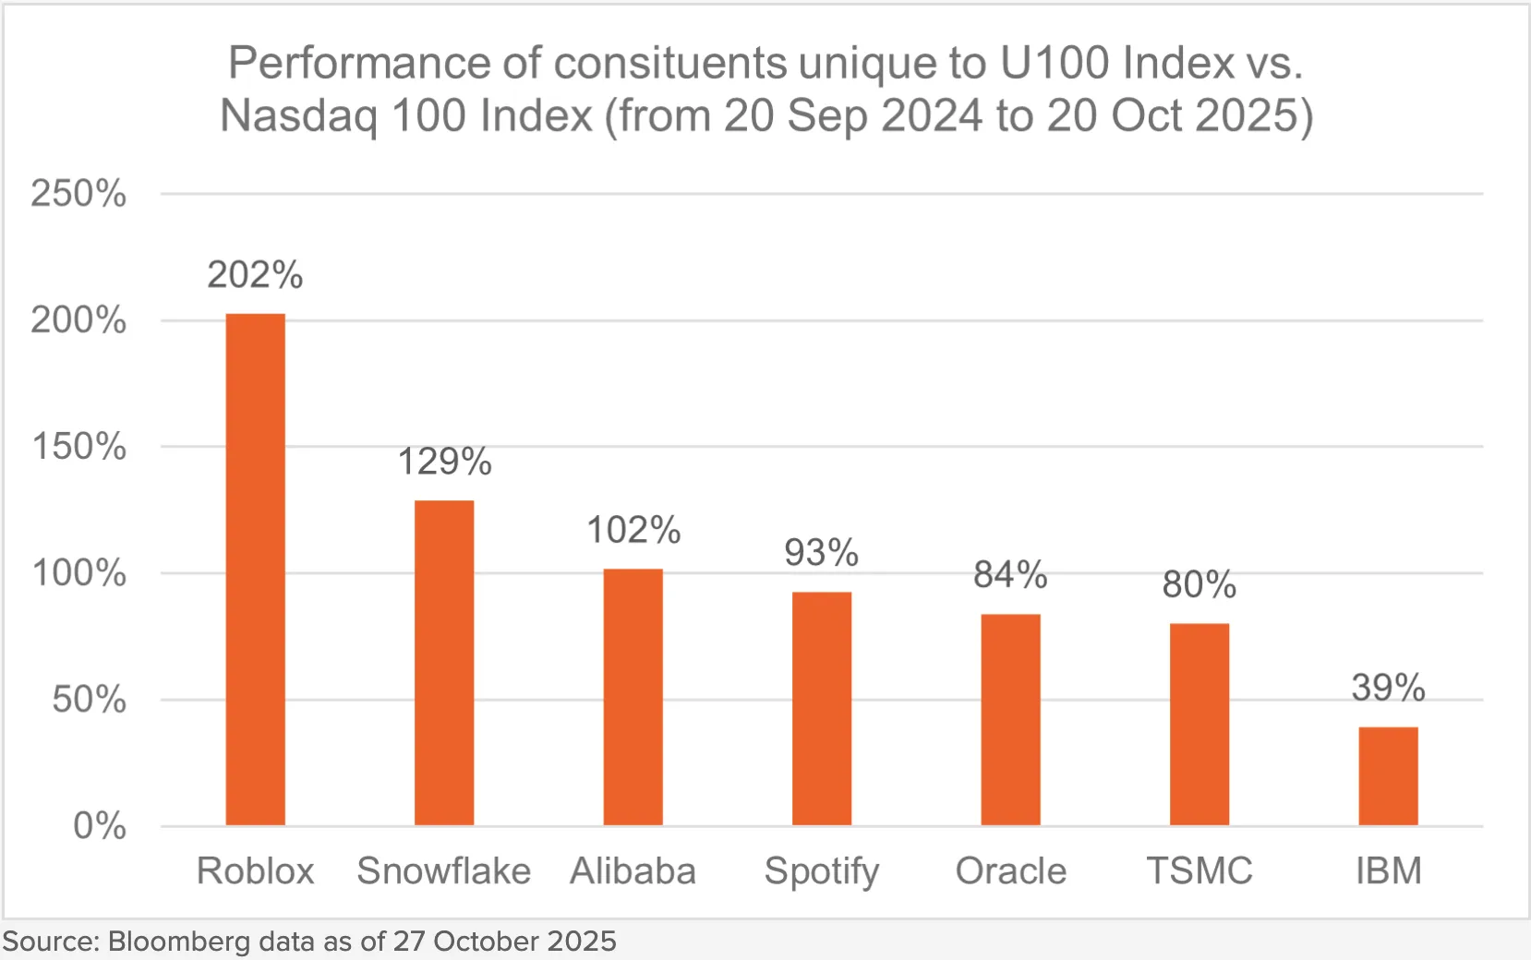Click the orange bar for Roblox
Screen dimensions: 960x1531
256,570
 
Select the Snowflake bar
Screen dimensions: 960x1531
444,663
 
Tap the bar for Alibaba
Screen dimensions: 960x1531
633,697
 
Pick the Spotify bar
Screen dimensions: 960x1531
822,708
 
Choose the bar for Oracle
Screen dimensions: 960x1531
1010,719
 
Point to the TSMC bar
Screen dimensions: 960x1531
1199,725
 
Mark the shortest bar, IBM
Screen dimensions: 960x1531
1388,776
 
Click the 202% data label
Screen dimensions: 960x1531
256,275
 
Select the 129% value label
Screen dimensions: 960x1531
444,462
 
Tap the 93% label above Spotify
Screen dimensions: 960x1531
822,553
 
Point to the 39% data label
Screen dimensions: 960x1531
1388,688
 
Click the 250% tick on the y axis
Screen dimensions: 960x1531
78,194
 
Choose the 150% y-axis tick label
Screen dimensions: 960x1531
78,447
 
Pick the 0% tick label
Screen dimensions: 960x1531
99,825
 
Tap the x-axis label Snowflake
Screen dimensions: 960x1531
444,870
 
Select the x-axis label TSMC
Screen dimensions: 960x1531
1199,870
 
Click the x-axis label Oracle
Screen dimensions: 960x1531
1010,870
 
